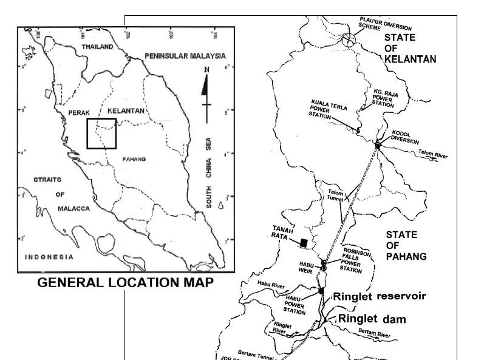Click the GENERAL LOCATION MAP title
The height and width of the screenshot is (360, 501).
point(126,283)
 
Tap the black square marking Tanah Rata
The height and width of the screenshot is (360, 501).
point(303,243)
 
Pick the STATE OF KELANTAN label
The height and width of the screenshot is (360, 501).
point(410,48)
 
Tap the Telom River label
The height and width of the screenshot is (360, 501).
point(433,156)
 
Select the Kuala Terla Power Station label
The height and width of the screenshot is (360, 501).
point(328,109)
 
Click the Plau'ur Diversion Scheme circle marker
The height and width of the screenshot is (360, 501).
point(348,41)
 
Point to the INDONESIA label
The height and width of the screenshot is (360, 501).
point(49,257)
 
